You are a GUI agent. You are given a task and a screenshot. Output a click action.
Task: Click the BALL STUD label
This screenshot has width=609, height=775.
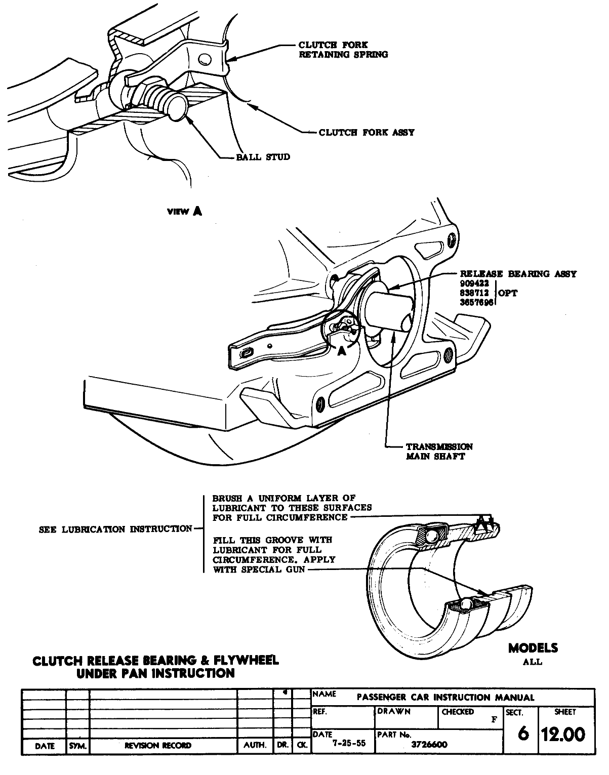pos(263,157)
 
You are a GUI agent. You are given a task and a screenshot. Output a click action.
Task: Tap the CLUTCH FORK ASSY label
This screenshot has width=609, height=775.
pos(367,133)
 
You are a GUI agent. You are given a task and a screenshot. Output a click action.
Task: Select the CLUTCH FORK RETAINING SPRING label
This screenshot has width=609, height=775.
pos(343,50)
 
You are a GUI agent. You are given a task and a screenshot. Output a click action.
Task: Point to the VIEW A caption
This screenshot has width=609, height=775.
pos(184,212)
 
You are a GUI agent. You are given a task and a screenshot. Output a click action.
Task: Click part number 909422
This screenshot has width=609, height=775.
pos(474,283)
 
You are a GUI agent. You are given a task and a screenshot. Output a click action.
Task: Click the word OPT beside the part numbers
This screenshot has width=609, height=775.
pos(508,293)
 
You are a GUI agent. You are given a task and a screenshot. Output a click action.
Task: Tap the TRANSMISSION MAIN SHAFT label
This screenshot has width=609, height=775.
pos(439,451)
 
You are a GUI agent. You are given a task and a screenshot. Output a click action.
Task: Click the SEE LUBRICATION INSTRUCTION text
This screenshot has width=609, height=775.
pos(115,529)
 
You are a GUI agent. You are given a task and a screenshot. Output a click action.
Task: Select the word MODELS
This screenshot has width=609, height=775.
pos(533,648)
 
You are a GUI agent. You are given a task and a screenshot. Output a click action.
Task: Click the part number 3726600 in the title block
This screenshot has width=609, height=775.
pos(430,744)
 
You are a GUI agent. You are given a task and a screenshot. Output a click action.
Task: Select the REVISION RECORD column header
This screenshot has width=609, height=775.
pos(158,746)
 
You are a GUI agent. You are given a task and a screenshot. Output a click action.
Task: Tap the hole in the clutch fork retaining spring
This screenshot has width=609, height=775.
pos(205,59)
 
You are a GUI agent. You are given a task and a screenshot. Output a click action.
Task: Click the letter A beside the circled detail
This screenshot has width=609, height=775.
pos(342,351)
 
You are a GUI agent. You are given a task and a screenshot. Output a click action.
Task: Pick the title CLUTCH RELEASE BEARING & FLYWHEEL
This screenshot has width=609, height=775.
pos(155,661)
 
